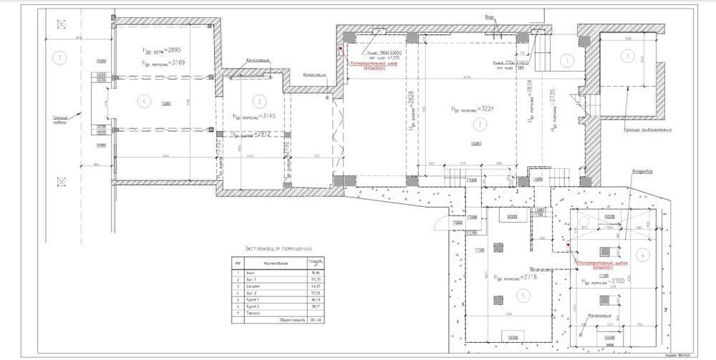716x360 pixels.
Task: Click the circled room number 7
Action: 62,57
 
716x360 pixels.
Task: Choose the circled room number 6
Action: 642,254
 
